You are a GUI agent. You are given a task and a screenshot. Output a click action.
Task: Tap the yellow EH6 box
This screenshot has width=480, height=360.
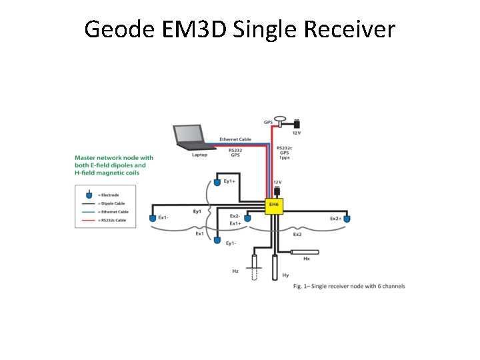[274, 206]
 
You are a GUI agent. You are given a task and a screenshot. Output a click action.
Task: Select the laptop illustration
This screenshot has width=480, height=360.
[190, 137]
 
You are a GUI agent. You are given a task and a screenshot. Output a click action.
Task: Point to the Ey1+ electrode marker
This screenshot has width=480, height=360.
[217, 181]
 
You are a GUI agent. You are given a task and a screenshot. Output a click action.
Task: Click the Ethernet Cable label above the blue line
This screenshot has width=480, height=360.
[235, 139]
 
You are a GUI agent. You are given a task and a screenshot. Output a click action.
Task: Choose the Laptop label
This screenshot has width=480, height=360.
[199, 155]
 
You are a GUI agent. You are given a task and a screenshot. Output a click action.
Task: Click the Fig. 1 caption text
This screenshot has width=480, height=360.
[349, 286]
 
